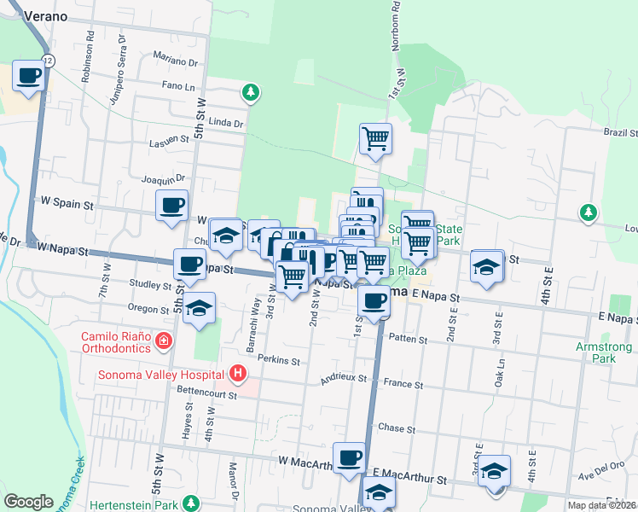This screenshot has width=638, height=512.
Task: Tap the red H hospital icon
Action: coord(238,374)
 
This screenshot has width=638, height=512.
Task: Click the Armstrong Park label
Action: coord(604,352)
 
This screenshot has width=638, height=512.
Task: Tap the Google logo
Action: coord(28,502)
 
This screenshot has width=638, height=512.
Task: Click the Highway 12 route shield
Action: coord(47,61)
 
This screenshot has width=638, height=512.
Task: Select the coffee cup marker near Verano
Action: coord(29,76)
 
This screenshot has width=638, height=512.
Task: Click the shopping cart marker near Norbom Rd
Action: coord(375,138)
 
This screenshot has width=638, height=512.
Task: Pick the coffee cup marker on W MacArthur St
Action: coord(349,458)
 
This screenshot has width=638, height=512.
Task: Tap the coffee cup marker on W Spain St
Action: coord(171,206)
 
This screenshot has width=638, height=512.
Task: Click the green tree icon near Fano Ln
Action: coord(250,90)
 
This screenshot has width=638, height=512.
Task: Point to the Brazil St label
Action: coord(620,133)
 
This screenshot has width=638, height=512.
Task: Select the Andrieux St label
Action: coord(343,377)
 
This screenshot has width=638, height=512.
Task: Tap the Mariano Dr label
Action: coord(176,61)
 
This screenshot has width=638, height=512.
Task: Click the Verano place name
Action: coord(46,15)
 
